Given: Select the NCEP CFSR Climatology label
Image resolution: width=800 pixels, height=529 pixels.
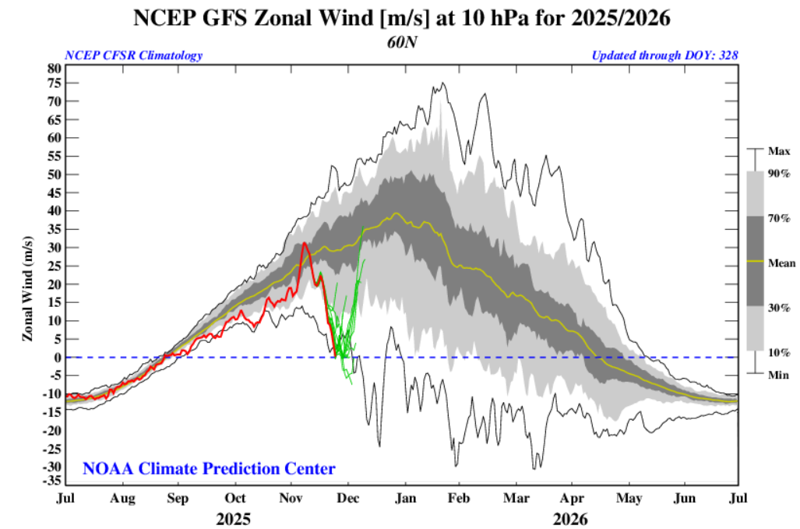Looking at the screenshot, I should pos(133,55).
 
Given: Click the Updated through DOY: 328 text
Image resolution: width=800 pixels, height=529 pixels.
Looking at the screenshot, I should pos(664,55).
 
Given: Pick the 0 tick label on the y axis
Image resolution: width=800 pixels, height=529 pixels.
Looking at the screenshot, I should pos(57,358).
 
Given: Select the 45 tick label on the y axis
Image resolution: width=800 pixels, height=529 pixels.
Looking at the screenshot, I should pos(53,193).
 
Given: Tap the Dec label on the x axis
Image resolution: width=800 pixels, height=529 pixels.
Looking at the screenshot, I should pos(348,499).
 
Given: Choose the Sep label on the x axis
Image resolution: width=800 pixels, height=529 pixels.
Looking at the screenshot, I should pos(179,499).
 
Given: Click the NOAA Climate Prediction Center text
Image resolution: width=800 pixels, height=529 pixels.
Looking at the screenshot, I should pos(209,469).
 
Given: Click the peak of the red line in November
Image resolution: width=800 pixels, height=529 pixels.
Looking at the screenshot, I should pos(305,244).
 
